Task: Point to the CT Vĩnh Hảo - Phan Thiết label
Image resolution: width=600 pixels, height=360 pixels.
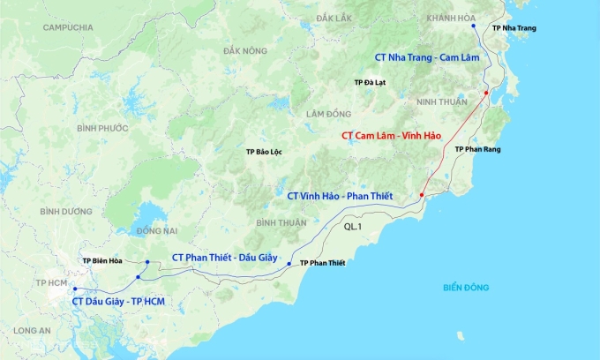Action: point(340,195)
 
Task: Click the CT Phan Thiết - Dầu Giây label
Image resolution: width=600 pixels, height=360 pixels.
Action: point(225,257)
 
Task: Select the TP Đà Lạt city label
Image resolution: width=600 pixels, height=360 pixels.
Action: point(370,82)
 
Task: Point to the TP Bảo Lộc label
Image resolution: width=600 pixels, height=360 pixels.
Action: point(265,152)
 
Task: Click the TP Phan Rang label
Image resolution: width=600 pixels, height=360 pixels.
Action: point(477,150)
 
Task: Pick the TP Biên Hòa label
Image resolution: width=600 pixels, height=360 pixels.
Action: point(102,261)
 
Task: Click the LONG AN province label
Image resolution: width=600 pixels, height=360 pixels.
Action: point(33,330)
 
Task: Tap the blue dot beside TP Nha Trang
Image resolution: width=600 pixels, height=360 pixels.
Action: point(474,26)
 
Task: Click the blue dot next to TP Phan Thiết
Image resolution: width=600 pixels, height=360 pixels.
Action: point(289,263)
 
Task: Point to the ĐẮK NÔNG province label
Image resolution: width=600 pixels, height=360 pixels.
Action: point(245,50)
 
